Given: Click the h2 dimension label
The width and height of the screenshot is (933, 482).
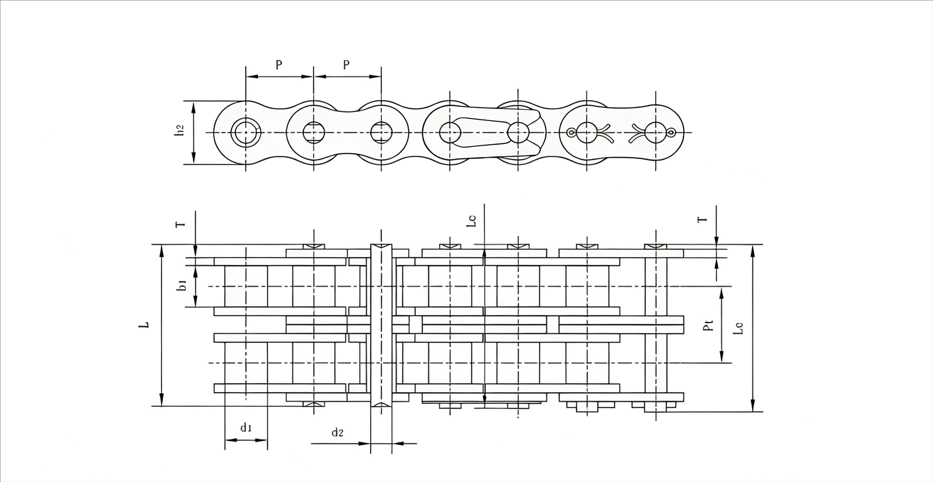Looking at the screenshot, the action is point(179,130).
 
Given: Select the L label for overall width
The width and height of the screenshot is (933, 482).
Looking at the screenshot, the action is point(144,325).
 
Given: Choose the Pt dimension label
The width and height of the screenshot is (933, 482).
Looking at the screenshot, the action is point(708,325).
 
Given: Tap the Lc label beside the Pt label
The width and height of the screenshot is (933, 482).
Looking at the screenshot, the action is point(738,328).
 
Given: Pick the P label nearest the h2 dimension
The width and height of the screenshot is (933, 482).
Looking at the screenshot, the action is point(278,65).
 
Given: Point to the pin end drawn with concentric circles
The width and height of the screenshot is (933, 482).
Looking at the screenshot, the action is point(246,132).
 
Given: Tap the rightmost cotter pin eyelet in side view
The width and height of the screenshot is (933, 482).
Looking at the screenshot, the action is point(671,132).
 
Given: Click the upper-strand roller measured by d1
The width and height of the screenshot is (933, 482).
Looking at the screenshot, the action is point(246,286).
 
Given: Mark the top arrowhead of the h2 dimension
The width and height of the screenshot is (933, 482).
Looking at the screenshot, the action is point(193,107).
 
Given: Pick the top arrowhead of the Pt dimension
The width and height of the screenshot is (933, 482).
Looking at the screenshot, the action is point(721,294).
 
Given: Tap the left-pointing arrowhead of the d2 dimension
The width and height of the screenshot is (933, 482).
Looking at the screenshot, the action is point(398,443).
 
